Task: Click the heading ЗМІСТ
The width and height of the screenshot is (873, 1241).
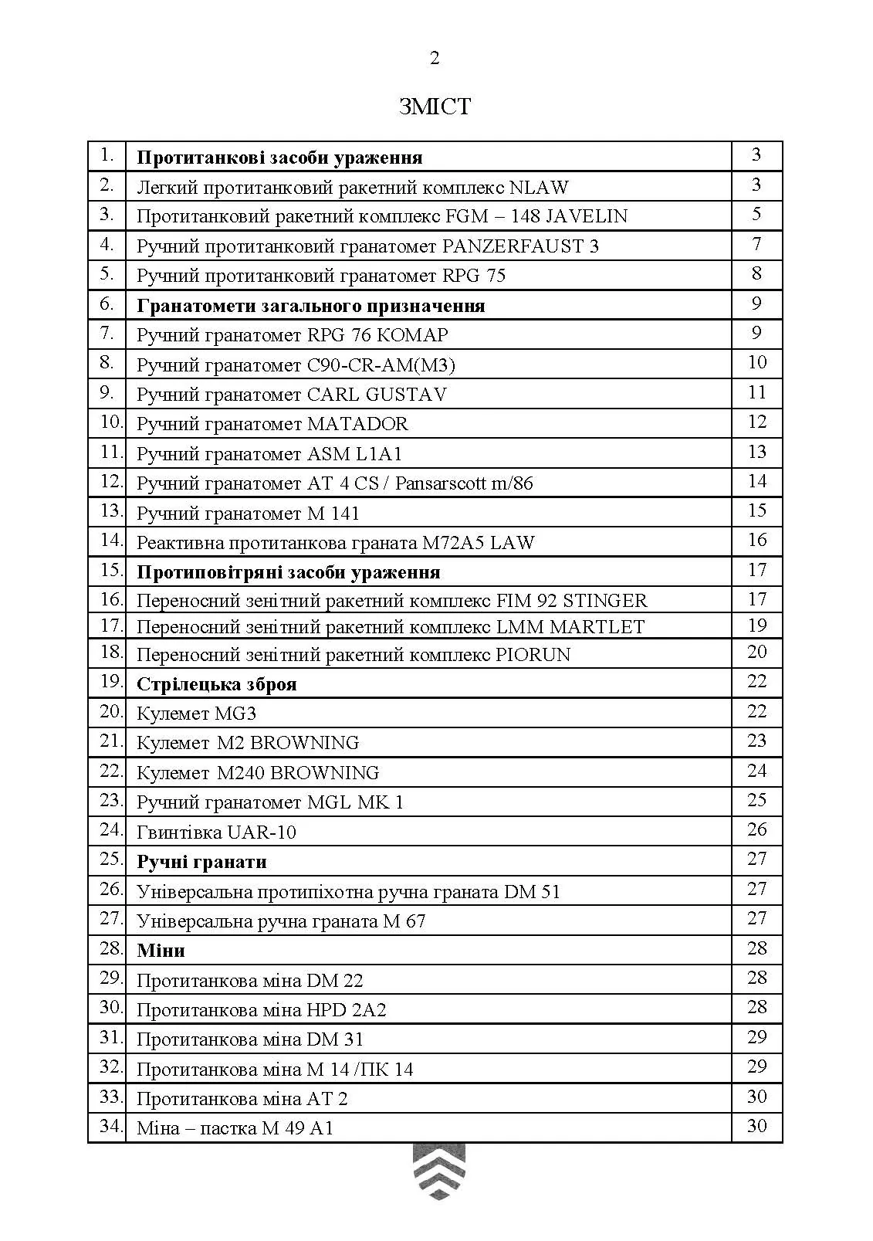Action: click(435, 106)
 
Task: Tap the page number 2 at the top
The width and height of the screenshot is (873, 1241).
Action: click(435, 59)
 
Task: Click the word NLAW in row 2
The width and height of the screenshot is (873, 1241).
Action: click(539, 187)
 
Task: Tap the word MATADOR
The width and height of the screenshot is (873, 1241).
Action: click(357, 424)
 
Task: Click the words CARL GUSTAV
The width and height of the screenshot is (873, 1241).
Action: click(377, 394)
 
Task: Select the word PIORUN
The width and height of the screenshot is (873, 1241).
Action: click(533, 655)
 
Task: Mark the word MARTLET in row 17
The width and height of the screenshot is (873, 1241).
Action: click(597, 626)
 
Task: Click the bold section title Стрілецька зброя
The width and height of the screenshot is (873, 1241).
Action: click(216, 684)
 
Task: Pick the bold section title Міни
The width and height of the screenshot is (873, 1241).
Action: click(161, 950)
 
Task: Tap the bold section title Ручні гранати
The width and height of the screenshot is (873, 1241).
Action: click(201, 862)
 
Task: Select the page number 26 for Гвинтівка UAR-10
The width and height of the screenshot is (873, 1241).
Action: click(756, 829)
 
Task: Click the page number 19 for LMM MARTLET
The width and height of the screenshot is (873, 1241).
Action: click(756, 625)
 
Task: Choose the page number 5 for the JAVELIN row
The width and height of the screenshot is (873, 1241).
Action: click(756, 214)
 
